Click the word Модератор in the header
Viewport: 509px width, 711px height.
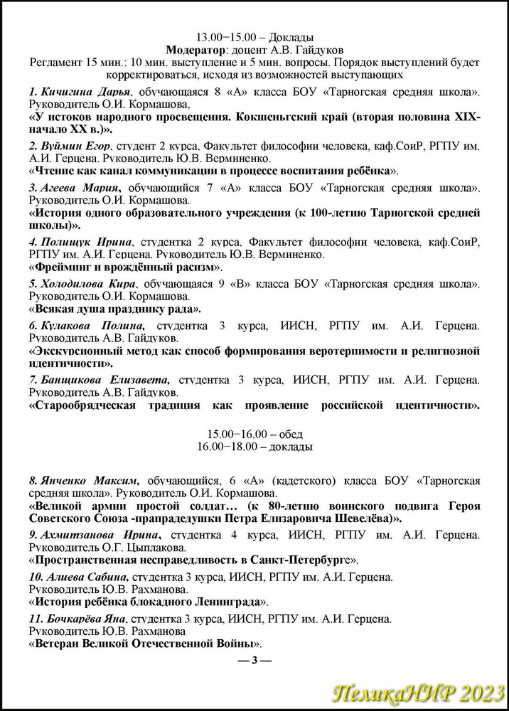(x=195, y=50)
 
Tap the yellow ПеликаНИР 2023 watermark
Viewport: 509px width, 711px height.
(x=419, y=693)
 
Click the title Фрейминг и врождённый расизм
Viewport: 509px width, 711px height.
(x=125, y=267)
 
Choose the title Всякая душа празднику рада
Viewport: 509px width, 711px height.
(x=114, y=309)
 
